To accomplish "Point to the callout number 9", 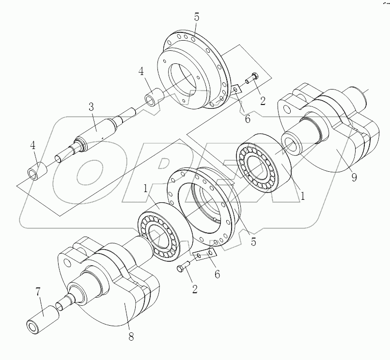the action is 354,177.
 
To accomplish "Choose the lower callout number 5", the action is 253,241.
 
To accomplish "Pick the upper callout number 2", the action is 263,101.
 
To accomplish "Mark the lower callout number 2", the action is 195,290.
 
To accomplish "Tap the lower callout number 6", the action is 217,274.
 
